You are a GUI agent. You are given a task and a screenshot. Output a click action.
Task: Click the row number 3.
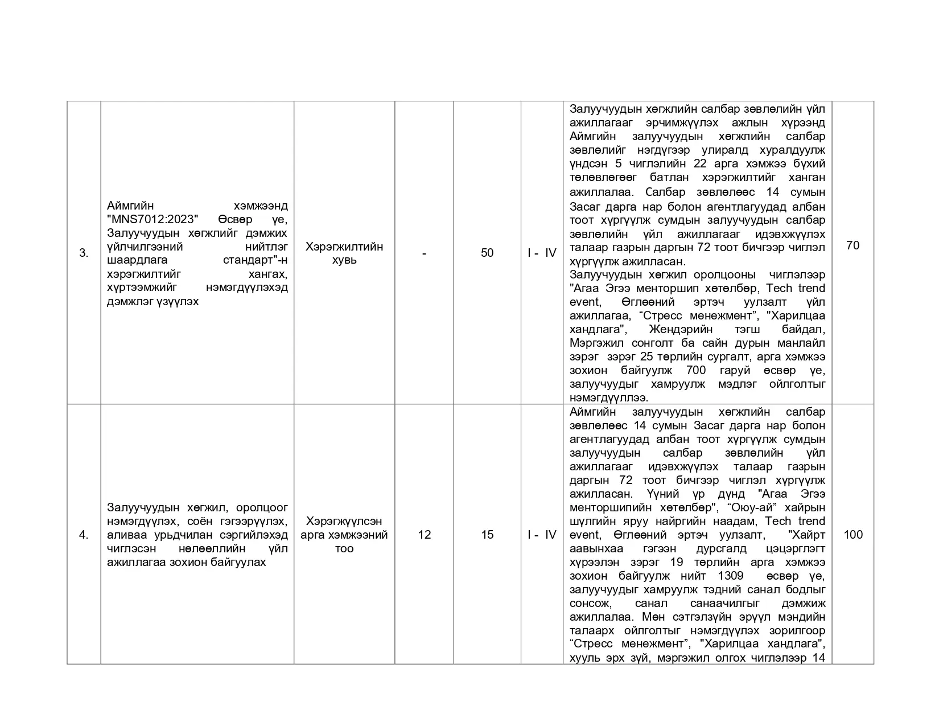(x=84, y=253)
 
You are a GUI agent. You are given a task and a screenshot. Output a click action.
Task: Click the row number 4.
(x=84, y=535)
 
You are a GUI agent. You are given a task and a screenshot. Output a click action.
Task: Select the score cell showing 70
(x=852, y=245)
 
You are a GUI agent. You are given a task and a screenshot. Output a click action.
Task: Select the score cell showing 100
(x=853, y=535)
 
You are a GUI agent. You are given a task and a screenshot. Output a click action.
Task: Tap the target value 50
(x=487, y=253)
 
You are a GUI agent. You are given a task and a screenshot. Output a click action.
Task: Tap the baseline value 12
(x=425, y=535)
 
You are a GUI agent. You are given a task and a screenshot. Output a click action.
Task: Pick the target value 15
(x=487, y=535)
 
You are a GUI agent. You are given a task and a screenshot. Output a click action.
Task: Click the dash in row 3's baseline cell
(x=424, y=253)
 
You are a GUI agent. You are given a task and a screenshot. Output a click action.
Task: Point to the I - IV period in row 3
(x=541, y=253)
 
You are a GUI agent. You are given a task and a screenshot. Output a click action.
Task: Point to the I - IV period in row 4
(x=541, y=535)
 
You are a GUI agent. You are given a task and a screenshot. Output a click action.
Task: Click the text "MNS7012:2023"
(x=152, y=219)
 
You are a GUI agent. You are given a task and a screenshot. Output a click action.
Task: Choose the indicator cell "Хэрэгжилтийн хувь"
(x=344, y=253)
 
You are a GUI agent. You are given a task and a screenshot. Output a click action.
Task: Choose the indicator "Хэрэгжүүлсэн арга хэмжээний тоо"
(x=344, y=535)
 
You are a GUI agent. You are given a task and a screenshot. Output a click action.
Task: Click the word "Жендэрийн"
(x=674, y=330)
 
